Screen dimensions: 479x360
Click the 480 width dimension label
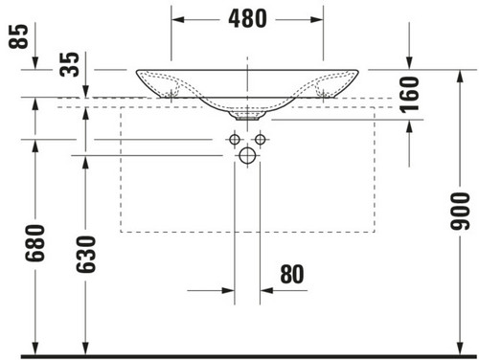(247, 18)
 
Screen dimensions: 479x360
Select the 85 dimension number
(18, 36)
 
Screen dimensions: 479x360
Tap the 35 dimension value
(69, 64)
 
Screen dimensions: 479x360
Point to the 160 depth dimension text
(409, 95)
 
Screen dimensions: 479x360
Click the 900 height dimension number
(460, 212)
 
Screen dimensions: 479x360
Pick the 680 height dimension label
(35, 243)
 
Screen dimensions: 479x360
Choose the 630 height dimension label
(85, 255)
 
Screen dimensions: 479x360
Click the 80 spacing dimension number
(292, 274)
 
